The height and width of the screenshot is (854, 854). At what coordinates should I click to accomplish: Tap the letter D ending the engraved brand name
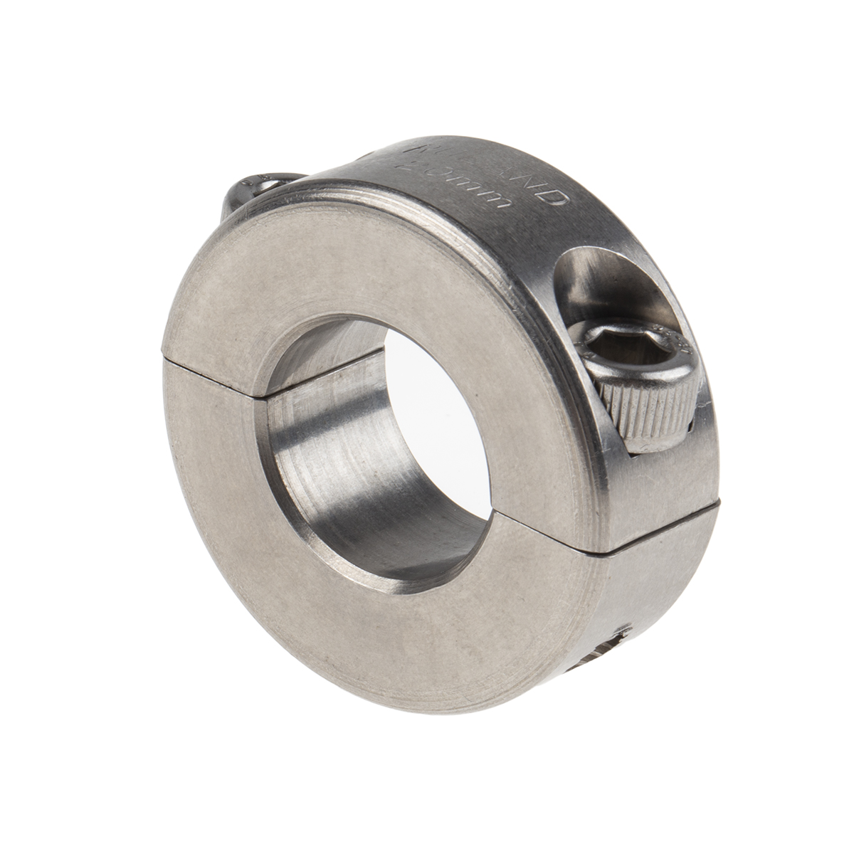tap(556, 196)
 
